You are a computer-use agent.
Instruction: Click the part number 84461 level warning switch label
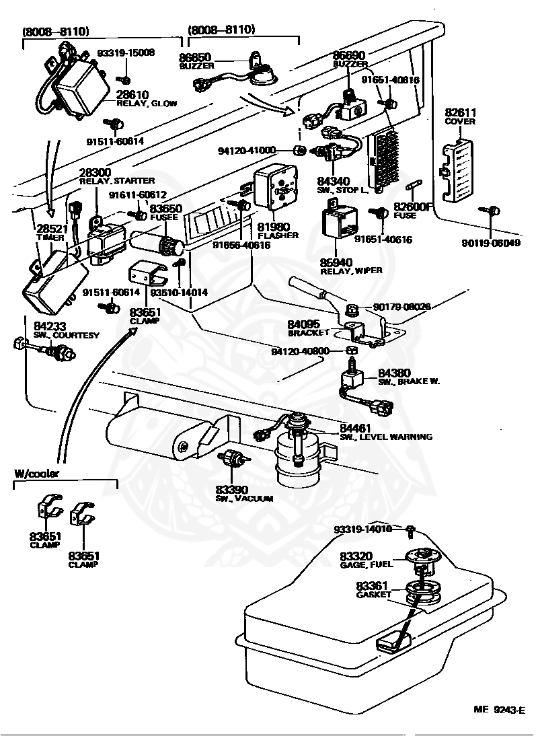pyautogui.click(x=355, y=427)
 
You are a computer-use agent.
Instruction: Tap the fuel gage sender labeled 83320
pyautogui.click(x=422, y=557)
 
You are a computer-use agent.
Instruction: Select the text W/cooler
pyautogui.click(x=36, y=473)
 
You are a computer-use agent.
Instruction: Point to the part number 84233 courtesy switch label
pyautogui.click(x=50, y=326)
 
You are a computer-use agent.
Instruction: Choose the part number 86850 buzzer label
pyautogui.click(x=196, y=58)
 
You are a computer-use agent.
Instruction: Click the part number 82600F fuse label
pyautogui.click(x=415, y=207)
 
